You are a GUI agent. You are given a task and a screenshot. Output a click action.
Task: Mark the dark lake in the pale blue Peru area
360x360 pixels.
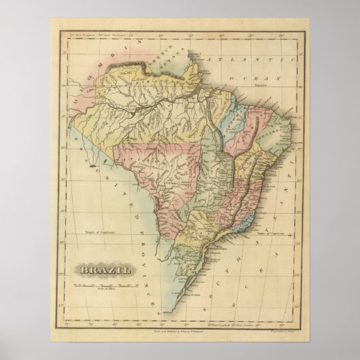click(90, 164)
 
